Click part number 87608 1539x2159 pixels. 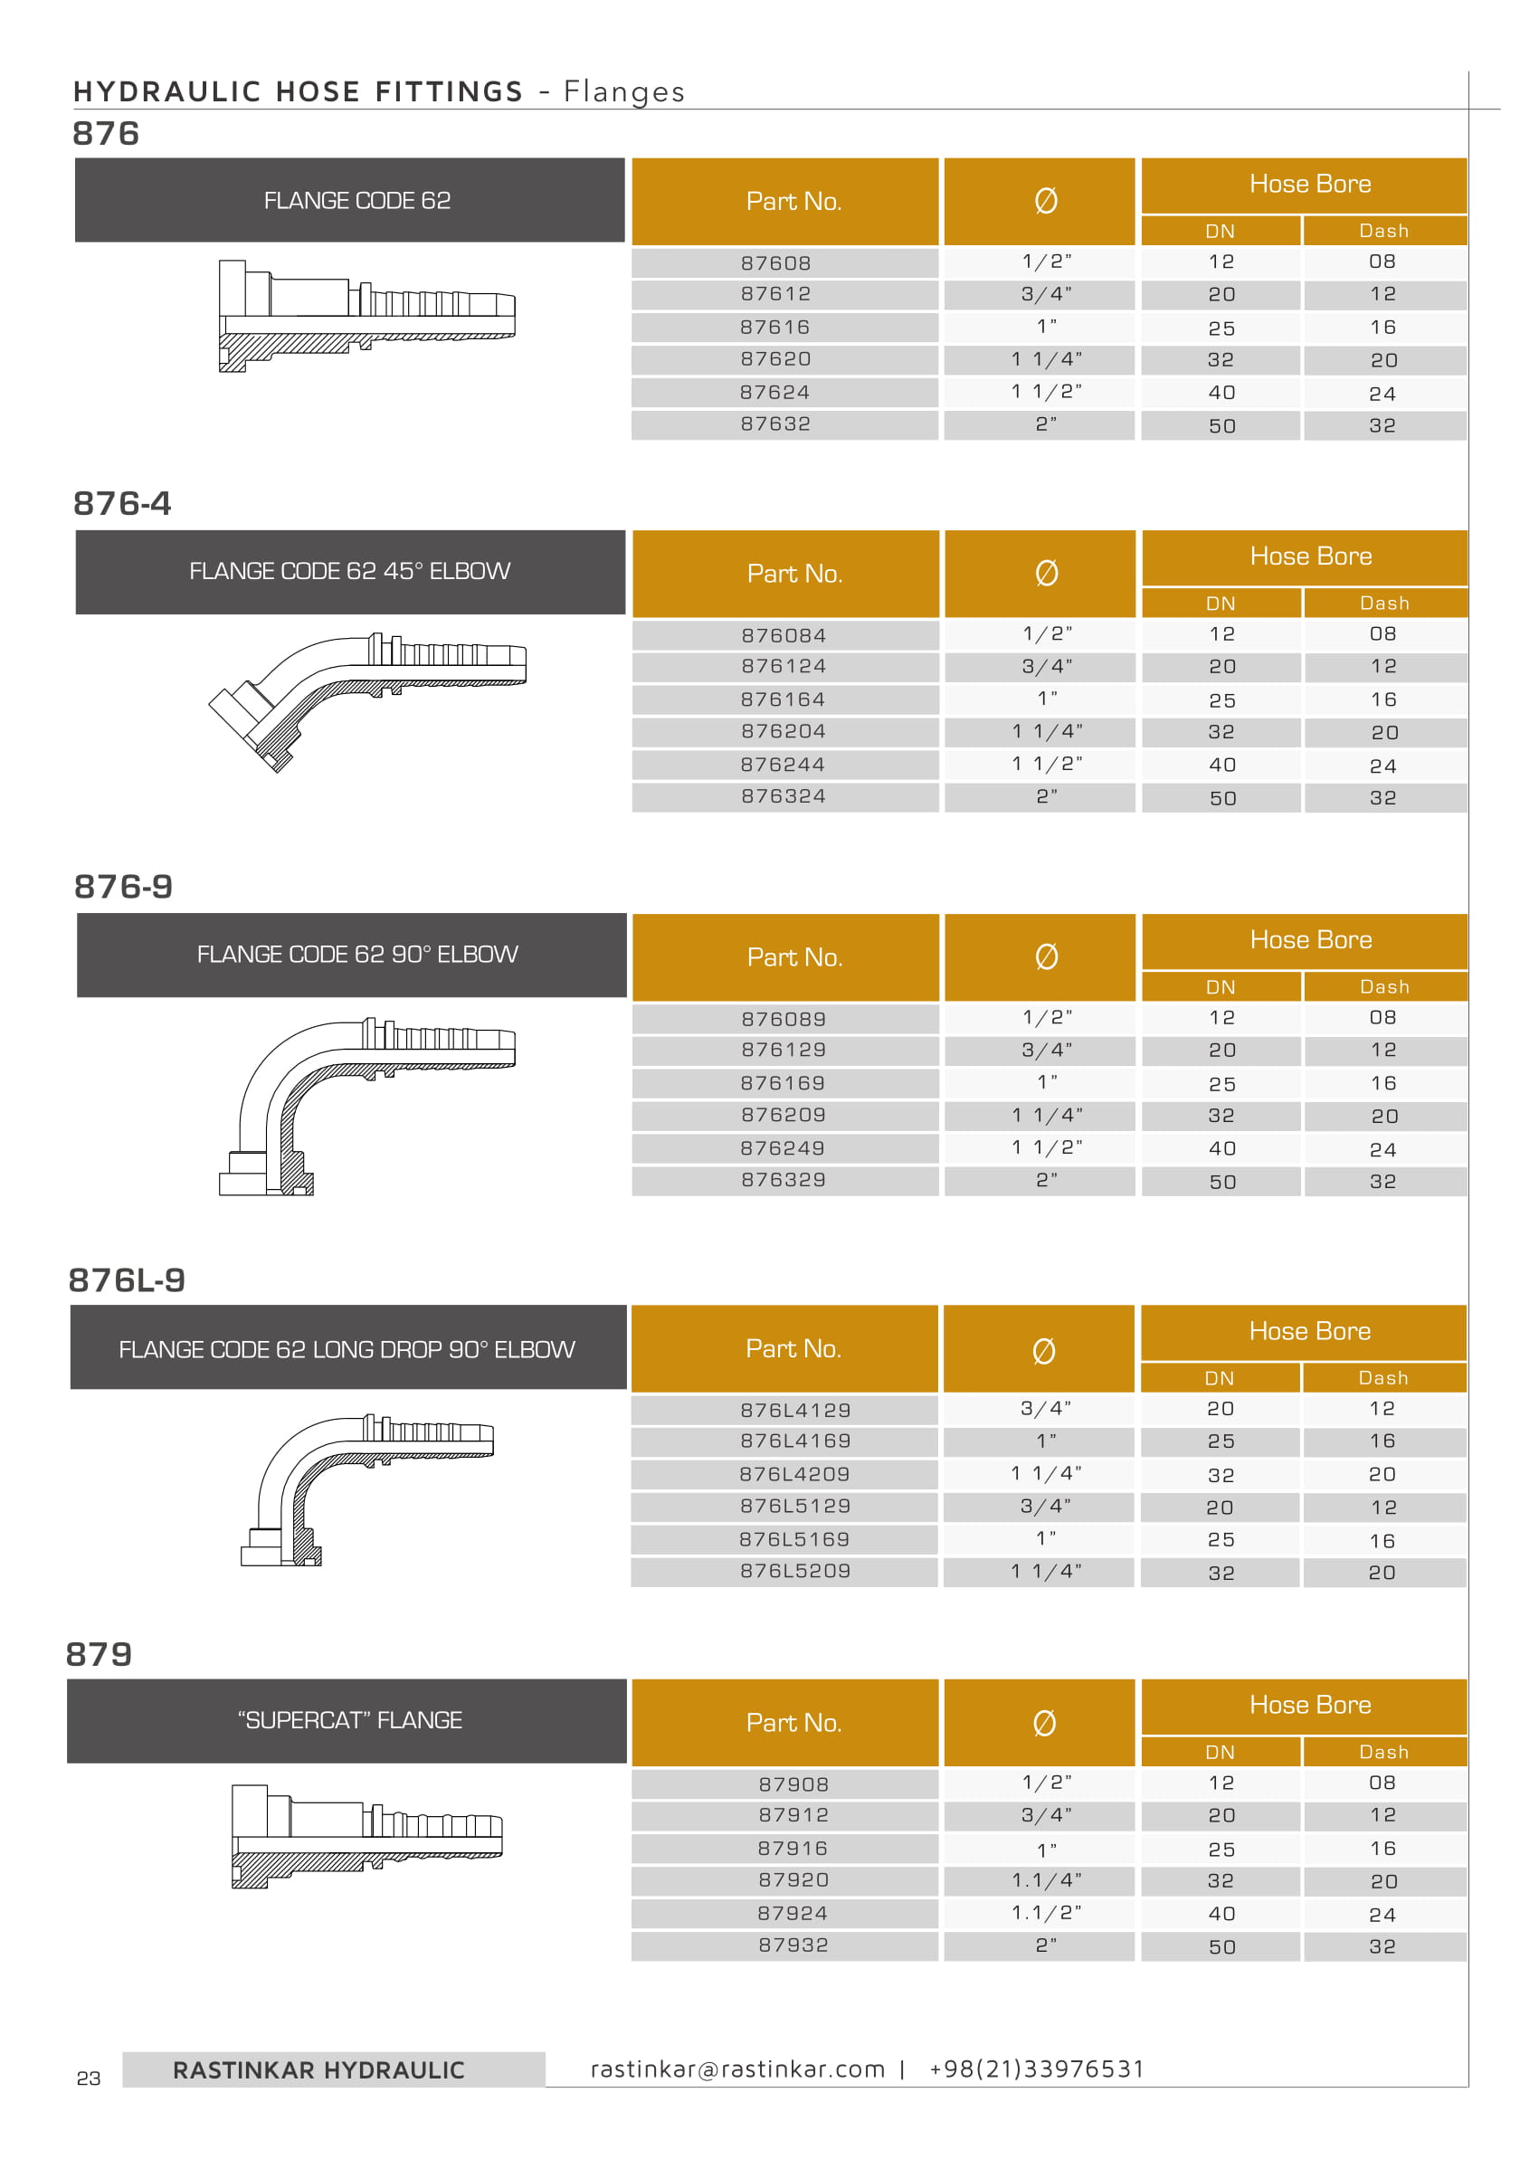pyautogui.click(x=775, y=262)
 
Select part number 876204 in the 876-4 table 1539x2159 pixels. pyautogui.click(x=784, y=731)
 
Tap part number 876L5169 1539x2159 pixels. pyautogui.click(x=794, y=1538)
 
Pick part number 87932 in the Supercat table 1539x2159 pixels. pyautogui.click(x=793, y=1945)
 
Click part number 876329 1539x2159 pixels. pyautogui.click(x=784, y=1179)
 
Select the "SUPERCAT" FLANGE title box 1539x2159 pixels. pyautogui.click(x=347, y=1720)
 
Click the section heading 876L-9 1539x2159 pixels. pyautogui.click(x=127, y=1279)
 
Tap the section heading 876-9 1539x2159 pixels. pyautogui.click(x=123, y=886)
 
